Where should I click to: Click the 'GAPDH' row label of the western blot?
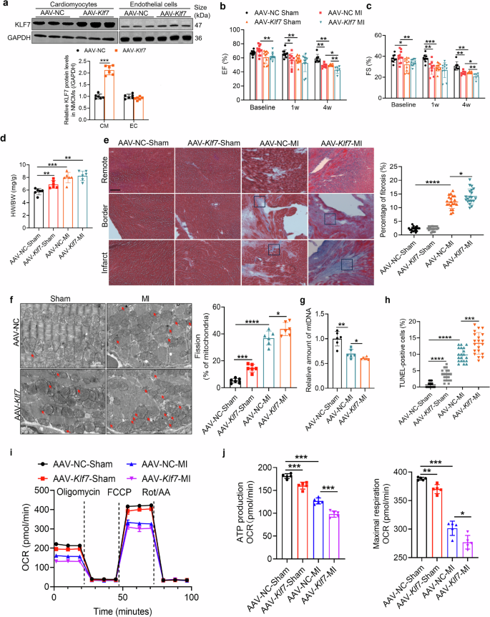click(x=18, y=39)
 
